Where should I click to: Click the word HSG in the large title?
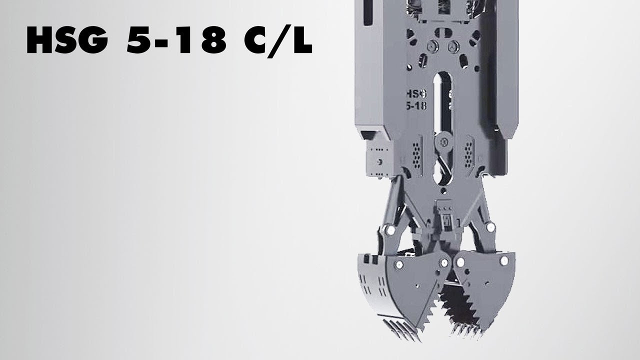(x=67, y=41)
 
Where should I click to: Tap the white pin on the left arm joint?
(x=386, y=230)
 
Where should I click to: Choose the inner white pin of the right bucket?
(x=458, y=262)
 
